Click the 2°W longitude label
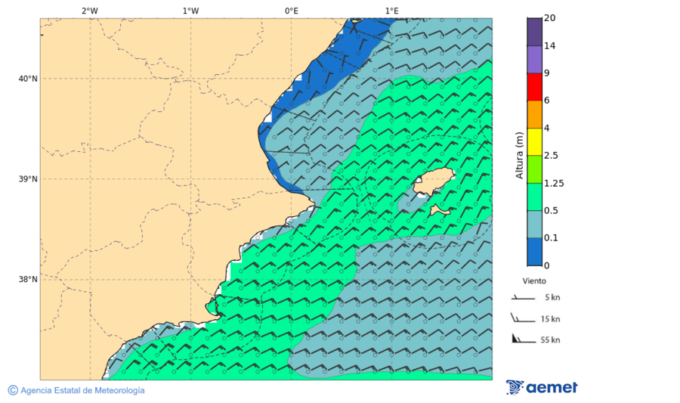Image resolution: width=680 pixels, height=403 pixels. click(x=89, y=11)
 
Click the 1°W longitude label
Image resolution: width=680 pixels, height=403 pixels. click(x=190, y=11)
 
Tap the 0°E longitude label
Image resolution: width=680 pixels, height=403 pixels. click(x=291, y=11)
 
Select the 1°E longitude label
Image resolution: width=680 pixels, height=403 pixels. click(x=391, y=11)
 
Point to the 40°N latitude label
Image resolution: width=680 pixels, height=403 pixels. click(x=28, y=79)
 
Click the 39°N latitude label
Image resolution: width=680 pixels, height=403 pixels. click(x=28, y=179)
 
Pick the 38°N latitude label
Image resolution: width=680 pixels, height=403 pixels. click(x=28, y=280)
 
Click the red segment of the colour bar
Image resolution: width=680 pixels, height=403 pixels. click(x=535, y=87)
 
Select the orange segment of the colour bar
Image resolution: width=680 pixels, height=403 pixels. click(x=535, y=114)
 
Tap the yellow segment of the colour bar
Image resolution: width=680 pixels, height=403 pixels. click(x=535, y=141)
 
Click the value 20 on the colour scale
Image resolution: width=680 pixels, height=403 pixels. click(x=550, y=18)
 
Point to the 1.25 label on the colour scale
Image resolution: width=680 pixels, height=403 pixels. click(x=554, y=183)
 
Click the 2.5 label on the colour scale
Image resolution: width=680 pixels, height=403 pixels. click(x=551, y=156)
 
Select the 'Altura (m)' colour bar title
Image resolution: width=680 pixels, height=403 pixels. click(x=519, y=155)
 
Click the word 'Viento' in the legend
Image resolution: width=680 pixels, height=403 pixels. click(x=534, y=281)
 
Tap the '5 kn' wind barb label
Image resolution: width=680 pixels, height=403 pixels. click(x=552, y=298)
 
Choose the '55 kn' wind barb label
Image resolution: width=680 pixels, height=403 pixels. click(x=550, y=340)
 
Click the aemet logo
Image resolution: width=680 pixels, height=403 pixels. click(x=542, y=387)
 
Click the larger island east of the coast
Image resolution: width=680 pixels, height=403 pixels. click(x=433, y=181)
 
